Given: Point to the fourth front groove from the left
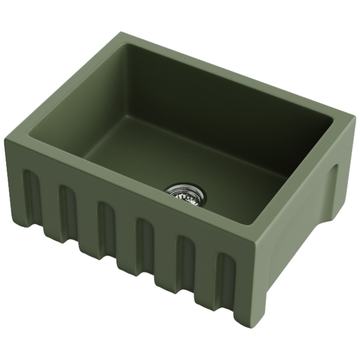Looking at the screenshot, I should [145, 245].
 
